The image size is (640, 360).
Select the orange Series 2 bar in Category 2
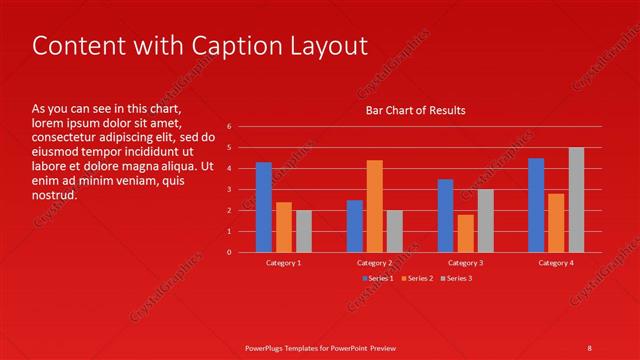click(x=374, y=206)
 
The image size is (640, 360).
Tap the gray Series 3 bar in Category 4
click(x=576, y=200)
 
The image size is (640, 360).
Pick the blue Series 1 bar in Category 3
click(x=445, y=216)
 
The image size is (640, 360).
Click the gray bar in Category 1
click(x=303, y=231)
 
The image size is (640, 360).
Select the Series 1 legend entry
click(x=378, y=278)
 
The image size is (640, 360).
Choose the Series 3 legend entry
click(x=456, y=278)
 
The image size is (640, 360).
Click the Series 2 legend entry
click(x=417, y=278)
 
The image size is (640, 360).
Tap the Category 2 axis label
click(x=374, y=262)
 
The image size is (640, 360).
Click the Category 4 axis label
click(x=556, y=262)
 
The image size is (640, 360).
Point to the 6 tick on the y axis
click(x=229, y=126)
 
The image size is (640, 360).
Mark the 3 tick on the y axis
click(x=229, y=189)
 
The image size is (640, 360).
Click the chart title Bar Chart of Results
click(x=415, y=110)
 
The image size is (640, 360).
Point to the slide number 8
click(x=590, y=347)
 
